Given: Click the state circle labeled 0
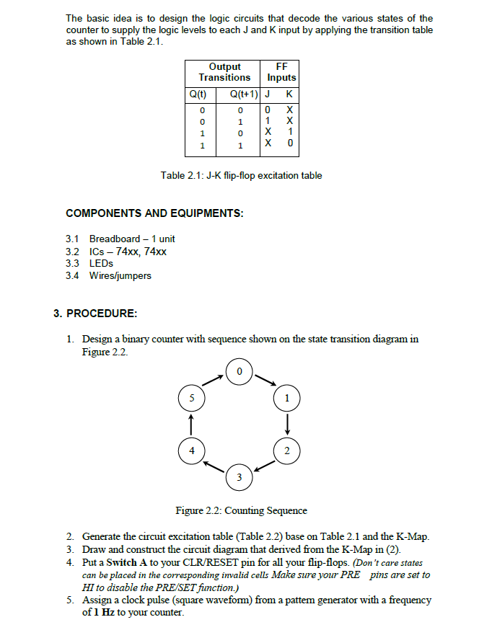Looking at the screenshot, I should point(240,371).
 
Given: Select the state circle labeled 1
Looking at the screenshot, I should point(288,397).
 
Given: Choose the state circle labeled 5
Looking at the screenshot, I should point(191,397).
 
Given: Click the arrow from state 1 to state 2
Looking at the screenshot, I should point(288,424).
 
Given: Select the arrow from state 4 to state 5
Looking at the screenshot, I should point(191,424).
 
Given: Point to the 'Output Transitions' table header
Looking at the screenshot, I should point(224,71).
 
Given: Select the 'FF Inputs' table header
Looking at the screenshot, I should point(281,71).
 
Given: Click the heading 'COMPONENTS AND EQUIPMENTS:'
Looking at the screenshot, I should point(154,213).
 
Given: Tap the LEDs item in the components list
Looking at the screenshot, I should point(102,263).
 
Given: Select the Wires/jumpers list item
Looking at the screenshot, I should point(120,275).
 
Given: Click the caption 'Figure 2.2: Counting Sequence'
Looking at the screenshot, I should point(242,510).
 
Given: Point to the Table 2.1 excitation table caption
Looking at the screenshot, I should point(241,175).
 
